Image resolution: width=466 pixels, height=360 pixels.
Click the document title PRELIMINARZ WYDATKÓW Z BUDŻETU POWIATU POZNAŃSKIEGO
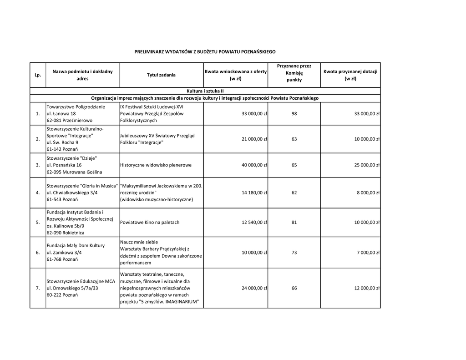coord(205,52)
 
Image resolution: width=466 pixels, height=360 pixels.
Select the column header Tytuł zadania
coord(161,75)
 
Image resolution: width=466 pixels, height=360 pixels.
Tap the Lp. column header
coord(38,75)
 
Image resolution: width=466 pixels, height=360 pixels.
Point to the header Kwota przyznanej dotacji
coord(350,75)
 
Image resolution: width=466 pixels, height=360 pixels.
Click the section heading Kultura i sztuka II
coord(205,91)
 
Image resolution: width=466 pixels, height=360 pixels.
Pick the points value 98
coord(294,113)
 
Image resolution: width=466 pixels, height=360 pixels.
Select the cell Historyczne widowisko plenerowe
coord(156,165)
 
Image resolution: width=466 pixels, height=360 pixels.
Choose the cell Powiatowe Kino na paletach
coord(150,223)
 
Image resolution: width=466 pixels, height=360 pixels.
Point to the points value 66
coord(294,289)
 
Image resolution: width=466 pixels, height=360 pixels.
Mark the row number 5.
coord(38,223)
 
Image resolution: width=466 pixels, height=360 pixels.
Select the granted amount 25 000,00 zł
coord(367,165)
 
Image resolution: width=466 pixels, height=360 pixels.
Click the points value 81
coord(294,223)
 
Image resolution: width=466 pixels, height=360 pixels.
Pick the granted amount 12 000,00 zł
coord(367,289)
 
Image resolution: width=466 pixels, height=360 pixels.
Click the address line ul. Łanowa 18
coord(61,113)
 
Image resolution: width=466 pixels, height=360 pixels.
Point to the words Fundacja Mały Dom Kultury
coord(76,246)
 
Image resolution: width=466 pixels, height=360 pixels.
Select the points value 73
coord(294,253)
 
